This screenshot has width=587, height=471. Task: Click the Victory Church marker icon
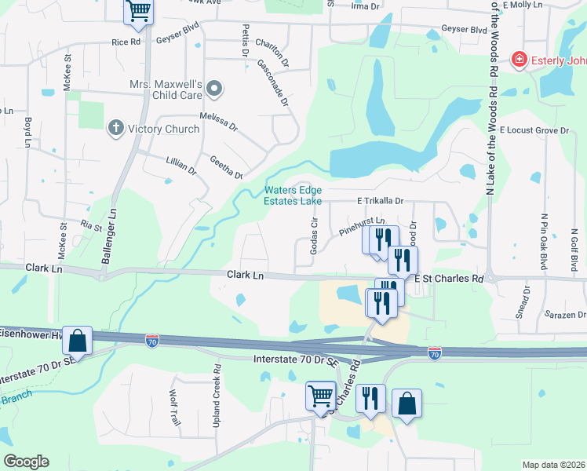[x=115, y=128]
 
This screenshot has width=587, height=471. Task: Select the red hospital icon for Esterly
[x=518, y=60]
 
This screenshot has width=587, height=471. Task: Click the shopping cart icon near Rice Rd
[x=138, y=11]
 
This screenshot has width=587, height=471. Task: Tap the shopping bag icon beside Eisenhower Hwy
[x=77, y=340]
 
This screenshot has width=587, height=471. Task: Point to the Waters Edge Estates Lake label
[x=293, y=195]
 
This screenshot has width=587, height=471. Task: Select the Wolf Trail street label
[x=175, y=408]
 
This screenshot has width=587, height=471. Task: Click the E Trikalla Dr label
[x=380, y=201]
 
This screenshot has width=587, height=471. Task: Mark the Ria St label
[x=92, y=225]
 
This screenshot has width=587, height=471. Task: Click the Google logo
[x=26, y=462]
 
